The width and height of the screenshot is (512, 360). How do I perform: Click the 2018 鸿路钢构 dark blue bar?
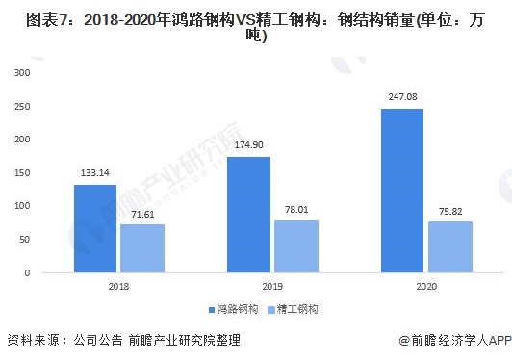[95, 228]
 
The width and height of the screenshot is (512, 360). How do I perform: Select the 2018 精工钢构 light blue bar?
[141, 248]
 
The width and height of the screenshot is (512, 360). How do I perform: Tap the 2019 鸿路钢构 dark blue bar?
[248, 215]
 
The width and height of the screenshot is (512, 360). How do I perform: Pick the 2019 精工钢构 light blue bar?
[294, 246]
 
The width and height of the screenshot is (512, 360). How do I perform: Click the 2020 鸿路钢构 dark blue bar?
[402, 191]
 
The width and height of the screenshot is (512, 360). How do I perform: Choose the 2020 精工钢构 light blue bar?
[448, 247]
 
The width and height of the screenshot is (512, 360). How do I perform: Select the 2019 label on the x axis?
[271, 287]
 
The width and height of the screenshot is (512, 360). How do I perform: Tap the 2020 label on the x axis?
[425, 287]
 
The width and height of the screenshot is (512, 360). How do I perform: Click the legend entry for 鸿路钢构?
[233, 310]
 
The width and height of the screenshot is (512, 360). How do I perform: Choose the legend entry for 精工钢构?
[293, 310]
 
